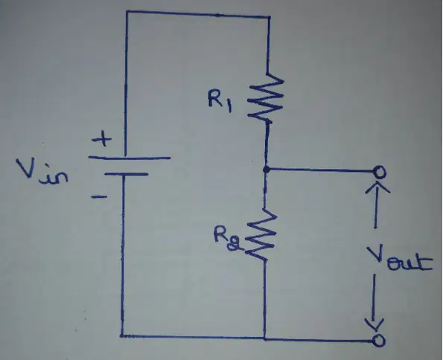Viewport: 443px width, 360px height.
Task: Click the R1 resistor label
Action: click(220, 100)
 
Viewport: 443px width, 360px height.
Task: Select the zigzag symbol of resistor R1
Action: click(266, 97)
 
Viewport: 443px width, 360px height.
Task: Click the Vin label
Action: click(42, 172)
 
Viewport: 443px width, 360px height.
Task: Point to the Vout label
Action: click(400, 258)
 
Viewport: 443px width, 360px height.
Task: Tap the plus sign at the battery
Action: click(102, 139)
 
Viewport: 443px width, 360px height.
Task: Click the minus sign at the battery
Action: click(99, 196)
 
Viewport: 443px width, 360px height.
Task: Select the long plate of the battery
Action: click(130, 158)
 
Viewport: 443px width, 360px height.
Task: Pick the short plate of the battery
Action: click(127, 174)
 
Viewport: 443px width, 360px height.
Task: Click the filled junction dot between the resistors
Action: click(266, 170)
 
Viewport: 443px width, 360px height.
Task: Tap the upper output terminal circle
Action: click(379, 172)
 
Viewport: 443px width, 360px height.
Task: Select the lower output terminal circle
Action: click(378, 340)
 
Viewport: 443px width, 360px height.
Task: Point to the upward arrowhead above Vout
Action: click(377, 187)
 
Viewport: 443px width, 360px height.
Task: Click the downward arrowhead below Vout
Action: click(374, 324)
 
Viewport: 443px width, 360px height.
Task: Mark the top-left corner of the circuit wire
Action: click(127, 12)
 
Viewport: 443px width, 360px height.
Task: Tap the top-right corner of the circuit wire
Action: click(270, 18)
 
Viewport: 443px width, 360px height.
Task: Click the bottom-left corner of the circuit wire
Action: click(122, 335)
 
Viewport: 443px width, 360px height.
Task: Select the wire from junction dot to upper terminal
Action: click(321, 170)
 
